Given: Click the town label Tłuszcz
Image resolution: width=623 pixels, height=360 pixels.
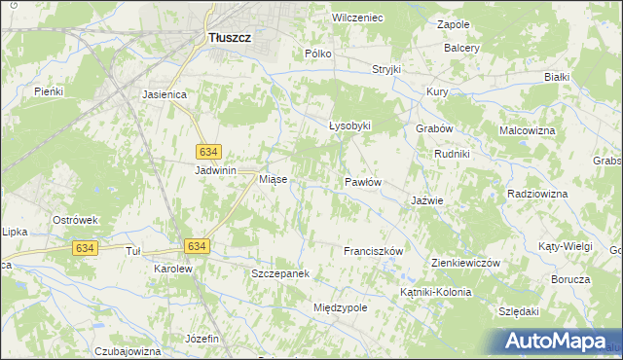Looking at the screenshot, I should (x=230, y=37).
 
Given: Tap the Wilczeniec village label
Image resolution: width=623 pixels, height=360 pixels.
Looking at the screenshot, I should (x=357, y=18).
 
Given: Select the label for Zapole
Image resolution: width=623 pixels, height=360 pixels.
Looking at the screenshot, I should (x=454, y=23).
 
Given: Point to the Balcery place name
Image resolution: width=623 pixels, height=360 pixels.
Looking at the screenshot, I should (x=461, y=47).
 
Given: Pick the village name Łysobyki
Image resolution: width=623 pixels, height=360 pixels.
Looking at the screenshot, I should (x=349, y=126).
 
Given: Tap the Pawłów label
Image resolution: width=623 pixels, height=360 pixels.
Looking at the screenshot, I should (x=362, y=182).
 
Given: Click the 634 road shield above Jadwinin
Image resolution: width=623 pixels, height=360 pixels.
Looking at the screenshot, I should (x=208, y=152).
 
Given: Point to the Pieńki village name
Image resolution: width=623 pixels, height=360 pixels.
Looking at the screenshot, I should (x=48, y=91).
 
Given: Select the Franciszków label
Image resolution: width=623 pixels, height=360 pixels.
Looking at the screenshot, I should (x=373, y=251).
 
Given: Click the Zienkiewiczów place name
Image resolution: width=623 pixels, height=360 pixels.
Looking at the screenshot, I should (x=464, y=263).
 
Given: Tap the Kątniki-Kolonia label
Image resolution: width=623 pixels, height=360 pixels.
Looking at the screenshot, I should (x=435, y=292).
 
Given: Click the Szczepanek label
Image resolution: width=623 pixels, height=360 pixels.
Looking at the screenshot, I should (x=280, y=274).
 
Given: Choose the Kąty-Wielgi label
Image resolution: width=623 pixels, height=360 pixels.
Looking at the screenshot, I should (x=565, y=246).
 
